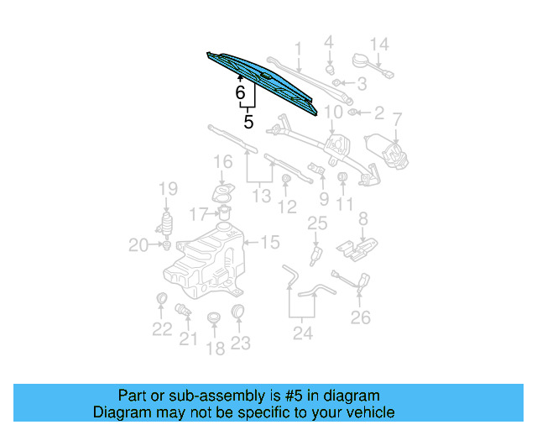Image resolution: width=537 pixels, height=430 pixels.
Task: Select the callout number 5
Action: click(x=248, y=122)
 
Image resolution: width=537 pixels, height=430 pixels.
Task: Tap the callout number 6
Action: click(x=240, y=93)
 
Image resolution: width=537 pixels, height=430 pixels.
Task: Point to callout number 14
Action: click(x=379, y=45)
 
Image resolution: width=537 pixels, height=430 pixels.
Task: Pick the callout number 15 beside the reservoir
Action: click(x=269, y=243)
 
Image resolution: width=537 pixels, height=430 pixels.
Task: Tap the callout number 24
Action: click(x=302, y=333)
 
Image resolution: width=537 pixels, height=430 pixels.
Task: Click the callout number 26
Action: click(x=360, y=317)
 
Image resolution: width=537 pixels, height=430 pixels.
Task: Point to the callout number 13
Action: click(x=262, y=197)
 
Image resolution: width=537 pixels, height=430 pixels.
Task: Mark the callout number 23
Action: click(x=241, y=343)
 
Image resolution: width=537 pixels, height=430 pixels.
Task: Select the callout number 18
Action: click(x=216, y=348)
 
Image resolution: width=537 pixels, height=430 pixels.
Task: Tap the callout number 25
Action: click(x=315, y=223)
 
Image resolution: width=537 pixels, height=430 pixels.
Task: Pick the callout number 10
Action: click(x=333, y=112)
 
